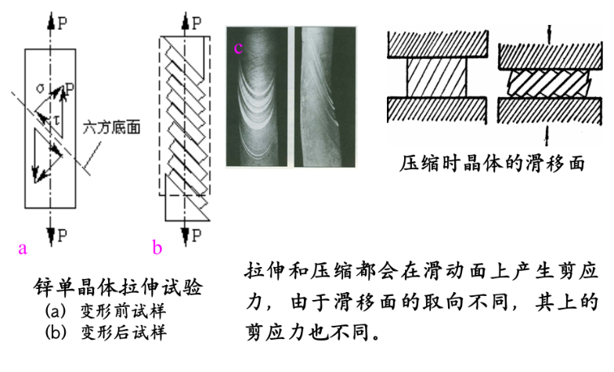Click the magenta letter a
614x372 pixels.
pos(23,249)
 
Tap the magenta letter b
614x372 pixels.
pos(157,249)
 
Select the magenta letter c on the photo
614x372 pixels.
pos(240,47)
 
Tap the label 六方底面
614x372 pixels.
pos(111,128)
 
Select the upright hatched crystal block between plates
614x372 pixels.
pos(436,80)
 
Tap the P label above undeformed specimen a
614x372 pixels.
pos(62,23)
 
